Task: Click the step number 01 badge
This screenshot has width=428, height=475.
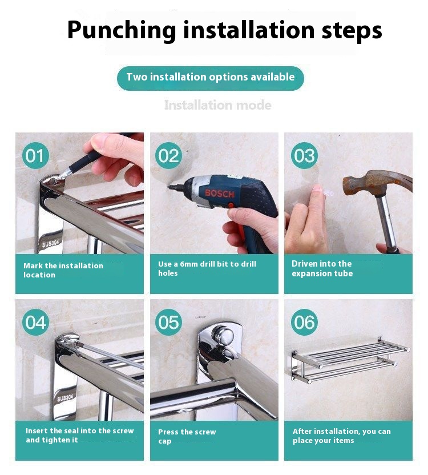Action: [x=35, y=155]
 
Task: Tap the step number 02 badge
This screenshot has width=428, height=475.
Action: [x=168, y=155]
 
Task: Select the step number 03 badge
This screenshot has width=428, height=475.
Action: [x=304, y=155]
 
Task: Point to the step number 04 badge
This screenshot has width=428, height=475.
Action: [x=35, y=322]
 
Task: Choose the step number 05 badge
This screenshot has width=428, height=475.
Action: [x=168, y=322]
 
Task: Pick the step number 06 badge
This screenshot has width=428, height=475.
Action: [x=304, y=322]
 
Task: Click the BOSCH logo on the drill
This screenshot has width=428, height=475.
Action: [x=220, y=194]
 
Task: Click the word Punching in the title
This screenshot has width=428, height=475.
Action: [x=122, y=30]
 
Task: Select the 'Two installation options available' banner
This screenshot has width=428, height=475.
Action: [x=211, y=78]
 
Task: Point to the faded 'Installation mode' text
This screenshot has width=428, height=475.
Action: [x=217, y=105]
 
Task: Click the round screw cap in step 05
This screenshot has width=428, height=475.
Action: [x=223, y=337]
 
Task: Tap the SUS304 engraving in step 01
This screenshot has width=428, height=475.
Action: [x=51, y=243]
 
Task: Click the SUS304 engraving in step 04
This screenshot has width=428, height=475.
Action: [x=65, y=397]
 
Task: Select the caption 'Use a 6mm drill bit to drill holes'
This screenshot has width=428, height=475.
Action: [x=207, y=268]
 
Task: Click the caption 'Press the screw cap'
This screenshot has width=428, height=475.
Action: [x=187, y=436]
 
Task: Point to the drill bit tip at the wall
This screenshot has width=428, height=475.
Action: [x=169, y=187]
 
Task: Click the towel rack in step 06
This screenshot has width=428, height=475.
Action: [x=350, y=360]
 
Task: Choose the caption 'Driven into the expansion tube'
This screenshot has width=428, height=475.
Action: [x=322, y=268]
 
